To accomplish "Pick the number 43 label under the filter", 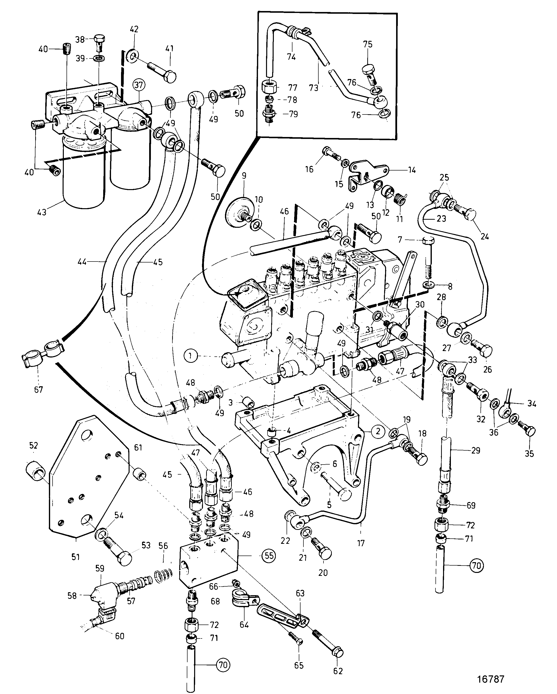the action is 42,212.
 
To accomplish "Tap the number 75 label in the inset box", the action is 368,44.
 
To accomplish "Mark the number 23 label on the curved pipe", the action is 441,218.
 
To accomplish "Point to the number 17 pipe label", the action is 361,543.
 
